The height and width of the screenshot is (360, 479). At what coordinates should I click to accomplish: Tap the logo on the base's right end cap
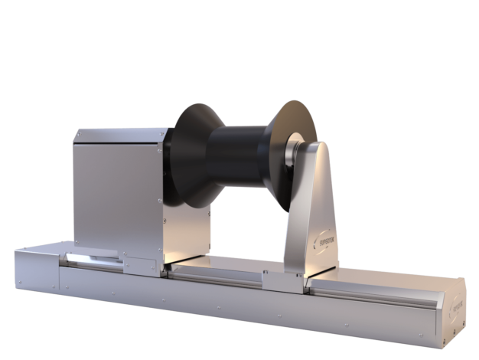pos(457,309)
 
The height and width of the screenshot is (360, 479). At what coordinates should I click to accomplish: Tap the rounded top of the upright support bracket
pos(319,149)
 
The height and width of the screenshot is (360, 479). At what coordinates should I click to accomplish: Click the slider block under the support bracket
pos(284,281)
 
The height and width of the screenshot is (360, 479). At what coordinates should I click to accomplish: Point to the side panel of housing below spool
pos(187,230)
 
